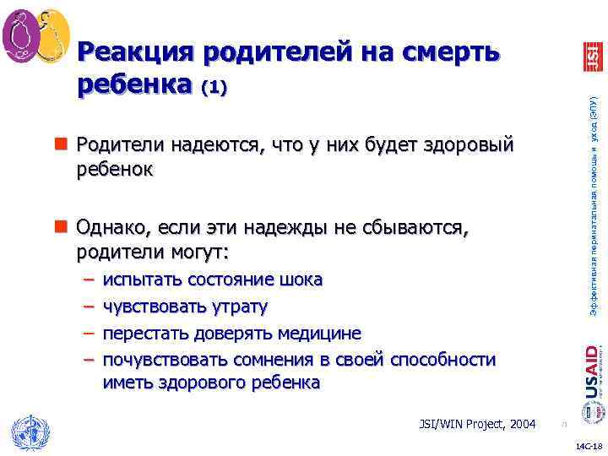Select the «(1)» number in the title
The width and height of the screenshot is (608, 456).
coord(212,88)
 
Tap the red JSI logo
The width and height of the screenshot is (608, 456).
coord(592,56)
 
